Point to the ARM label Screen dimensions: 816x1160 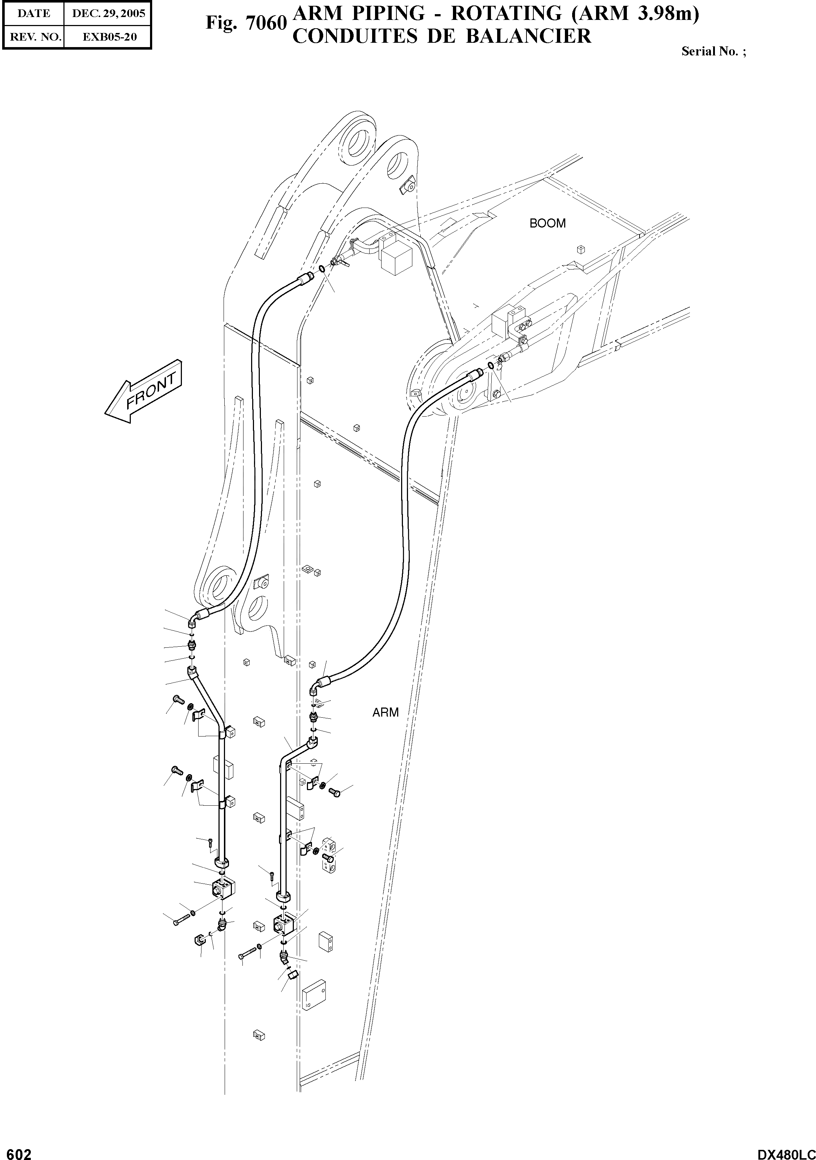(386, 712)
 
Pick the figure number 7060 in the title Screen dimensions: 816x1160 (267, 23)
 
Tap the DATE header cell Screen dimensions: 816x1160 (34, 14)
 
